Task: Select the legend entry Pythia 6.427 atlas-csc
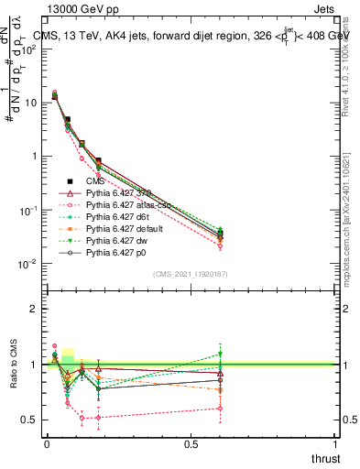point(124,206)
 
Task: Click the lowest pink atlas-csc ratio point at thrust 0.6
point(221,409)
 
